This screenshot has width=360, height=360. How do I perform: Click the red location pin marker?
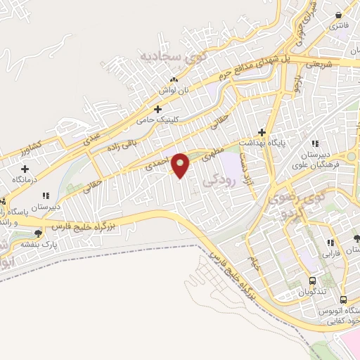click(x=181, y=165)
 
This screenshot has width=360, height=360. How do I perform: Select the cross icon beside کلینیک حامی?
click(x=158, y=110)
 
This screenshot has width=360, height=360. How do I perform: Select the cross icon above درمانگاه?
click(x=26, y=169)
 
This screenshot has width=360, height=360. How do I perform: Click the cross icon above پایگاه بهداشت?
click(x=262, y=132)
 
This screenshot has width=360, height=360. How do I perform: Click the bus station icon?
click(x=342, y=298)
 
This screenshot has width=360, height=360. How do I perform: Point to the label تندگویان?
click(x=310, y=291)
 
